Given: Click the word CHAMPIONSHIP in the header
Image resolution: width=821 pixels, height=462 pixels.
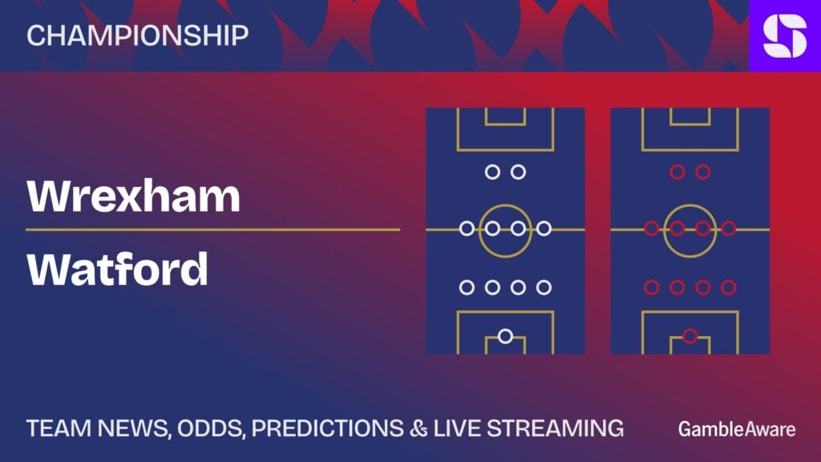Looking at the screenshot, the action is pyautogui.click(x=137, y=35).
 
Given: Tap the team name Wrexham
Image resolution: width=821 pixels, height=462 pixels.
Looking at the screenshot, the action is pyautogui.click(x=134, y=196).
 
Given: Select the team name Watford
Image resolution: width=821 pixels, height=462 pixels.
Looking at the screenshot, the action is pyautogui.click(x=117, y=269).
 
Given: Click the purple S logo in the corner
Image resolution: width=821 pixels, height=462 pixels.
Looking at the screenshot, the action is pyautogui.click(x=785, y=35).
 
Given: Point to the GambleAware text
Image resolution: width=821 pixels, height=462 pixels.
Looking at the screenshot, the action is pyautogui.click(x=737, y=429).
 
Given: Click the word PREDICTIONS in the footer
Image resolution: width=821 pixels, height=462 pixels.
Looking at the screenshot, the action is pyautogui.click(x=327, y=428).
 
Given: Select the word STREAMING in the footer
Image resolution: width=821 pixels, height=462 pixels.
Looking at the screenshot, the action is pyautogui.click(x=555, y=428).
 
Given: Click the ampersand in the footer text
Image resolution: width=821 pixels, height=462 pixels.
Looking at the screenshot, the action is pyautogui.click(x=419, y=428).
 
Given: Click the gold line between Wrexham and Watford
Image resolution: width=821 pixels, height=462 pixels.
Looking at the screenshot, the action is pyautogui.click(x=212, y=229).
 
